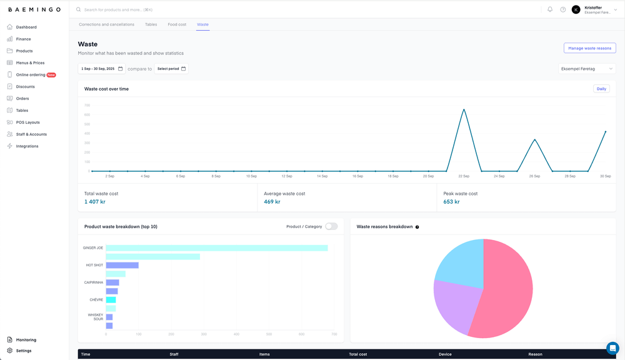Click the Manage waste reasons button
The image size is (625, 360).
pos(589,48)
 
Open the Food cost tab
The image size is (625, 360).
pos(177,24)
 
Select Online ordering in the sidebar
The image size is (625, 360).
pos(31,75)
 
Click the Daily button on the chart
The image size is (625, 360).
pos(601,89)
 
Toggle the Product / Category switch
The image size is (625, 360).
pos(331,226)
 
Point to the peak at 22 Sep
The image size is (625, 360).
pos(464,110)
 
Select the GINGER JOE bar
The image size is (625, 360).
pos(216,248)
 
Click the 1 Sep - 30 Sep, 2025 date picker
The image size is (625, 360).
pos(101,69)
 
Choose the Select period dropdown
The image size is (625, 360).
pos(171,69)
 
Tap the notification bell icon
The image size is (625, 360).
pos(550,9)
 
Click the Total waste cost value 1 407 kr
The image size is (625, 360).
pos(95,202)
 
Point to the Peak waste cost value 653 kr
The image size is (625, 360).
pos(451,202)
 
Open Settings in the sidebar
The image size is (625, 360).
pos(24,351)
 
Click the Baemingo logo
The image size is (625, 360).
pos(34,10)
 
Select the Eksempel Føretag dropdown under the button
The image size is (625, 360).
pos(587,69)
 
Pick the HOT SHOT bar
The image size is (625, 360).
pos(122,265)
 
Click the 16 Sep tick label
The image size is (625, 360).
pos(357,176)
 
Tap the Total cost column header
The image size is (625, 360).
pos(358,354)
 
